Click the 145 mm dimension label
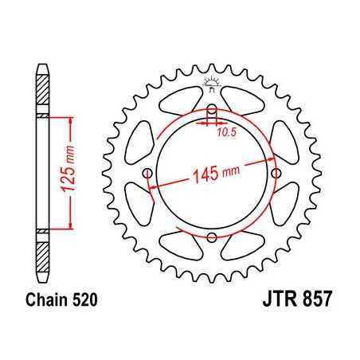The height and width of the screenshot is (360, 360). click(x=217, y=174)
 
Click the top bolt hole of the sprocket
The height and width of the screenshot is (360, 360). click(x=212, y=109)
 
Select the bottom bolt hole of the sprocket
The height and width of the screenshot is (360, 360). click(x=212, y=238)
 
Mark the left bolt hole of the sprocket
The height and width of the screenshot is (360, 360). click(x=147, y=174)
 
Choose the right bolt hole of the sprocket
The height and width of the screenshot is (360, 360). click(x=276, y=174)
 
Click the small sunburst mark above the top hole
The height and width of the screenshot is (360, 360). click(x=212, y=83)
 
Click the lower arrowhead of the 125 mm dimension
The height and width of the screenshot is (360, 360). click(x=72, y=225)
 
